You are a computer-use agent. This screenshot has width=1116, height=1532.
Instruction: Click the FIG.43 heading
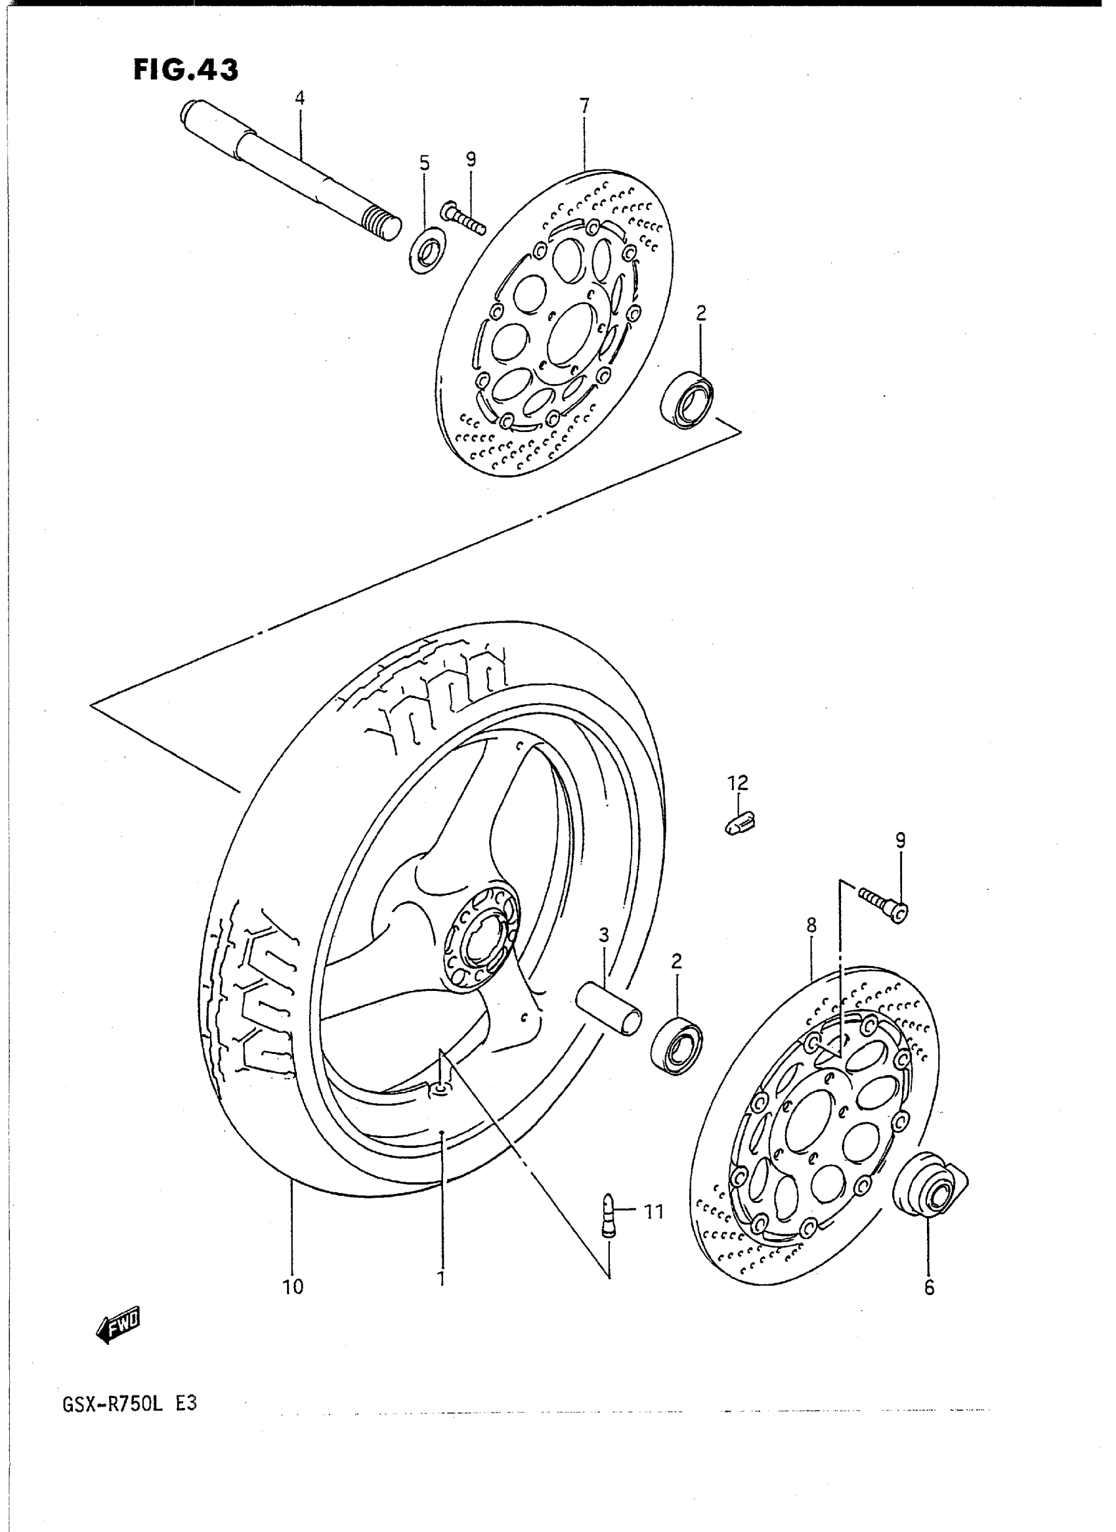coord(185,70)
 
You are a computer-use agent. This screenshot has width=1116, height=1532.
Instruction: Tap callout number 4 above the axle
coord(299,98)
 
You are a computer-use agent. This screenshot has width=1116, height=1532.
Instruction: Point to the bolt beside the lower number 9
coord(884,904)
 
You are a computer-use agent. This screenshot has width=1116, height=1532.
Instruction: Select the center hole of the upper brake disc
coord(572,334)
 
